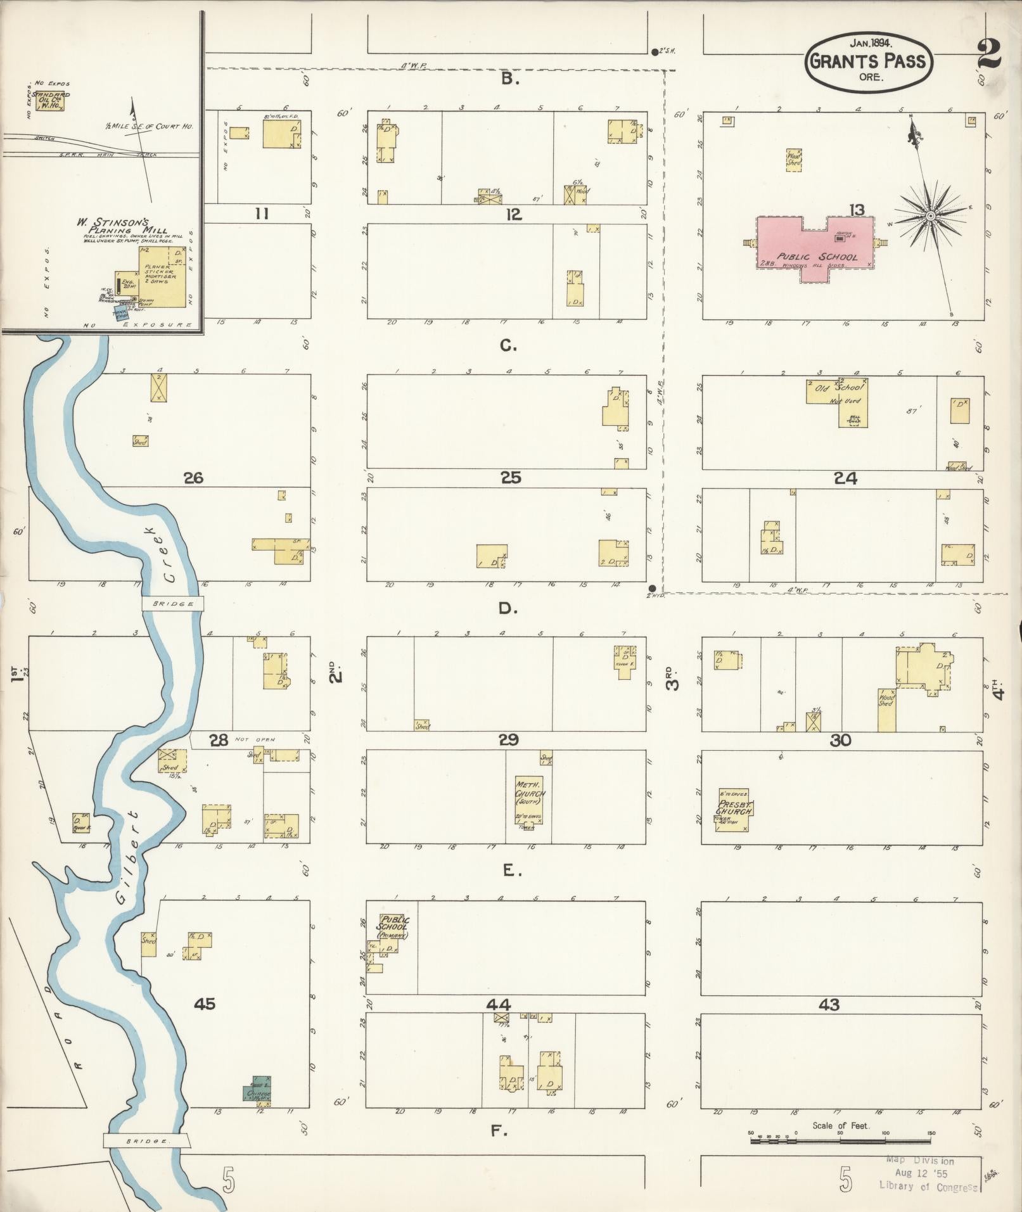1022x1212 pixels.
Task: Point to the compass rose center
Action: click(x=930, y=216)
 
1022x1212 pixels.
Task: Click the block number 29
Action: click(x=509, y=739)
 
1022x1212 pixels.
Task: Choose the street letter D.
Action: click(x=506, y=609)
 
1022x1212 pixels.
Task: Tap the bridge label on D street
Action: click(x=172, y=604)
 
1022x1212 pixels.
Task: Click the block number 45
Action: click(x=204, y=1003)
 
